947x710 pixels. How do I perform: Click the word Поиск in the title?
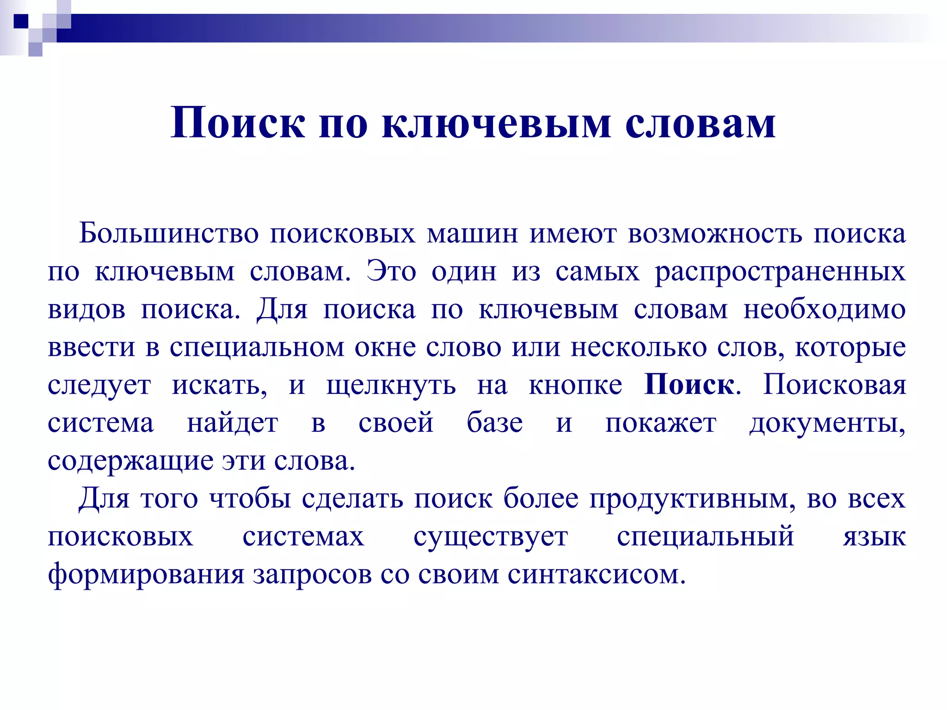[x=238, y=123]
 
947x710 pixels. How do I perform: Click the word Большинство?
[x=169, y=233]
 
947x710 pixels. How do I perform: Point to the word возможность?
[x=715, y=233]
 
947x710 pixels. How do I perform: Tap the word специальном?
[x=257, y=347]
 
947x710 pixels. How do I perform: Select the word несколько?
[x=639, y=347]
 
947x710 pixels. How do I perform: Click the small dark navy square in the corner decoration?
[x=21, y=21]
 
